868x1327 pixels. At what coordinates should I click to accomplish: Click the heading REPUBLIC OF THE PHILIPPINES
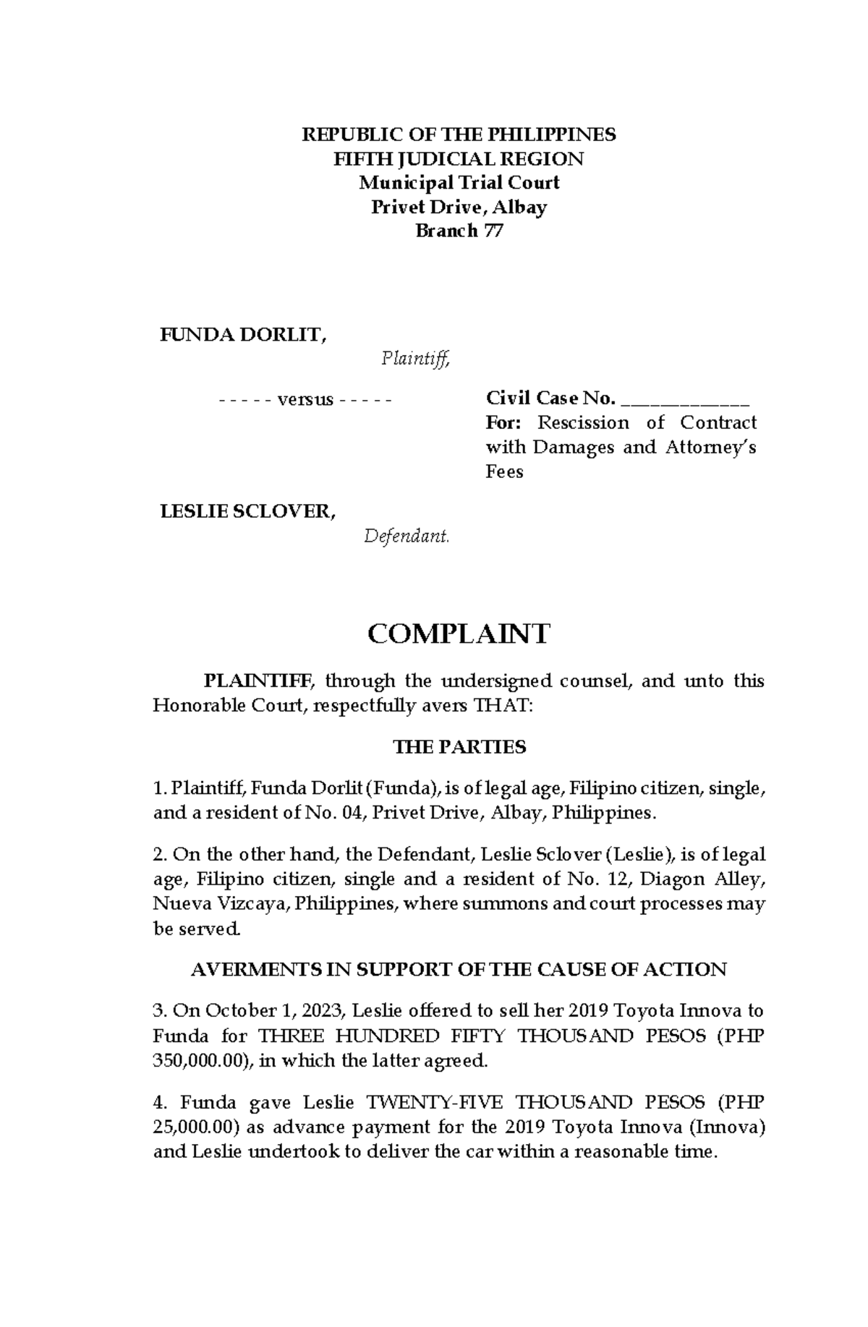[459, 135]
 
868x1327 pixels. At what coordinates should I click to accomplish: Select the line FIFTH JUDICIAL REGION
[459, 159]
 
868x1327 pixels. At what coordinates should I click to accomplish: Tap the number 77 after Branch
[493, 231]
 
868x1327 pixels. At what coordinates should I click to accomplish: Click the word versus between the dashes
[305, 399]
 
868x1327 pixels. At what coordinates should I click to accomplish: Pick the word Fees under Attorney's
[504, 472]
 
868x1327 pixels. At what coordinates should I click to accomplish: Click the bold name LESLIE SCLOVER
[247, 512]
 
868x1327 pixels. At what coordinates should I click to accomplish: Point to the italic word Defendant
[407, 537]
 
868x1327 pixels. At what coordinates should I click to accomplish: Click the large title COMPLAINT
[459, 634]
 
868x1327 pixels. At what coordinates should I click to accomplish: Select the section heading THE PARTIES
[459, 747]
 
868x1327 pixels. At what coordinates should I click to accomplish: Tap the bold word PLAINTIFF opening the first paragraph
[258, 681]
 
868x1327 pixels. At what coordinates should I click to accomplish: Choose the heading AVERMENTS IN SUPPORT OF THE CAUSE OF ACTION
[459, 970]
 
